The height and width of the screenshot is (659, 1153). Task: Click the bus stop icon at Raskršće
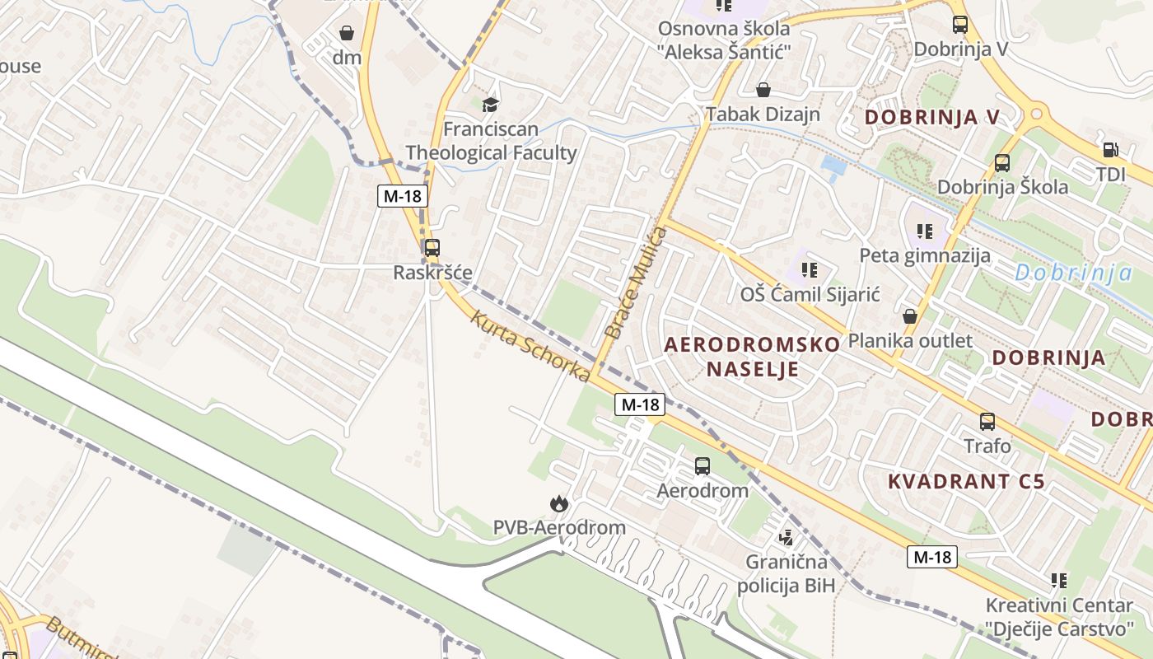tap(432, 247)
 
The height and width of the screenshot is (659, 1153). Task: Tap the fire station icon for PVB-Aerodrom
tap(558, 502)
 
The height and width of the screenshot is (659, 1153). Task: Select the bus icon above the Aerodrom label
tap(703, 466)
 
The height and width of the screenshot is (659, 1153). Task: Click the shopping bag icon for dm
tap(347, 33)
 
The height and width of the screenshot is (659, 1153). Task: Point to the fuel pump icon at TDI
tap(1110, 150)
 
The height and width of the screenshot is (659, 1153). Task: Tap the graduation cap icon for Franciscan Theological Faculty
tap(490, 105)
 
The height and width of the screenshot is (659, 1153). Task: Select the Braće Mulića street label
tap(635, 283)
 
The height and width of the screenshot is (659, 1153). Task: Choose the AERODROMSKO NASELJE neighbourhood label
tap(752, 356)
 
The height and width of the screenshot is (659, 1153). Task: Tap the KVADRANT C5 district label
tap(966, 481)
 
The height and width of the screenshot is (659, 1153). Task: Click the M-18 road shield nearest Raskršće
tap(402, 196)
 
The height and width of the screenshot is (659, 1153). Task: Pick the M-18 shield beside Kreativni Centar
tap(933, 557)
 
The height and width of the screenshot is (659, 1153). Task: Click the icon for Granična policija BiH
tap(786, 538)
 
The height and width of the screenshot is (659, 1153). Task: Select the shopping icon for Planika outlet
tap(910, 316)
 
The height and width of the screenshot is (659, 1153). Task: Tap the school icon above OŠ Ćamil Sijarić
tap(810, 269)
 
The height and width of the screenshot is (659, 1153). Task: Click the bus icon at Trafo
tap(987, 422)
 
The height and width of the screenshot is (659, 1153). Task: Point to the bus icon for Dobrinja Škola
tap(1001, 163)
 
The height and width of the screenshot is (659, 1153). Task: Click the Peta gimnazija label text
tap(925, 255)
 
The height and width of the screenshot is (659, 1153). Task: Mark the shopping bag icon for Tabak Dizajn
tap(763, 90)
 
